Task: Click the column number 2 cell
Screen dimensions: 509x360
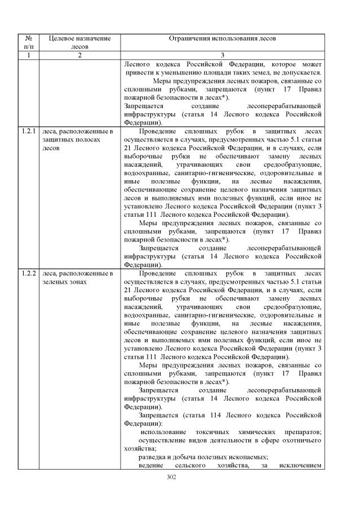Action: coord(80,55)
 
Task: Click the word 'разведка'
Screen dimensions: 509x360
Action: coord(152,457)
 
